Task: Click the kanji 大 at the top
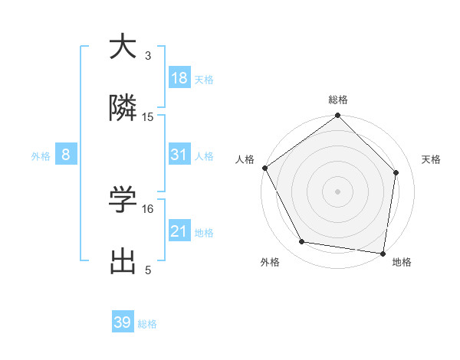(x=122, y=47)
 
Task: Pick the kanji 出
(x=122, y=262)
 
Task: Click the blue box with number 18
(x=179, y=78)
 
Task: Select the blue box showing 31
(x=179, y=155)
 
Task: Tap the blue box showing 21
(x=179, y=231)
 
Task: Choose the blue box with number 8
(x=66, y=155)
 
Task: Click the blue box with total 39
(x=122, y=322)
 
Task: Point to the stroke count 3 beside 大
(x=148, y=55)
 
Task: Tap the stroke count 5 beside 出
(x=148, y=270)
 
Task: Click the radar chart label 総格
(x=338, y=100)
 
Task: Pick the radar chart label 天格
(x=431, y=159)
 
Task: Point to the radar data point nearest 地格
(x=383, y=252)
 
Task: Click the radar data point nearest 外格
(x=302, y=242)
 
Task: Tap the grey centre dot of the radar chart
(x=338, y=191)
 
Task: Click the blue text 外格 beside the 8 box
(x=41, y=155)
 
